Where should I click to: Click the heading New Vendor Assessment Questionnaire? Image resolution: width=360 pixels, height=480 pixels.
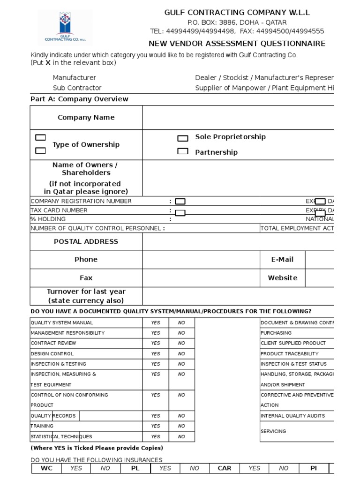(x=237, y=44)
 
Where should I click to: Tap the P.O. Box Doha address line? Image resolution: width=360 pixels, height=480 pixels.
(x=237, y=22)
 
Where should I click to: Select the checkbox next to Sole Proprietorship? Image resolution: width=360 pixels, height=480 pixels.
(x=182, y=138)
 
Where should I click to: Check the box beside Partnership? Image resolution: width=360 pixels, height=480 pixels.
(x=182, y=151)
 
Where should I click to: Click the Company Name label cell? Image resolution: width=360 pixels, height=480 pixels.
(x=86, y=118)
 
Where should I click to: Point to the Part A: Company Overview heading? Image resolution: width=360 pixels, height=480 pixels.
(x=79, y=99)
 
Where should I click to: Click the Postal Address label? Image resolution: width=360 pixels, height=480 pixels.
(x=86, y=242)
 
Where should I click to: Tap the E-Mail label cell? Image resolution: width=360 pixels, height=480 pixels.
(x=282, y=260)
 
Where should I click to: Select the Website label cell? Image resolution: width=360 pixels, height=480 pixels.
(x=282, y=278)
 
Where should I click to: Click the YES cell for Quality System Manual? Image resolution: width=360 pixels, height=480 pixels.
(x=156, y=323)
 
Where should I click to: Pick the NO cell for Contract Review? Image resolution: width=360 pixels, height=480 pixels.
(x=181, y=344)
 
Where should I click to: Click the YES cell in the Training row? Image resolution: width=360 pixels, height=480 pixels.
(x=156, y=426)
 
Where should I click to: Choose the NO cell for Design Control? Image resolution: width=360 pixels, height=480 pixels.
(x=181, y=354)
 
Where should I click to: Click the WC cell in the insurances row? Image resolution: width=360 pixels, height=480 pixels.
(x=47, y=468)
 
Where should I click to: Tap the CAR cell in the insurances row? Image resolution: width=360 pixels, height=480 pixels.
(x=225, y=468)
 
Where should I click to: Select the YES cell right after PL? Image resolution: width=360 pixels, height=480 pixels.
(x=165, y=468)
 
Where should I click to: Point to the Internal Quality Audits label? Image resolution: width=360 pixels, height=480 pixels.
(x=292, y=416)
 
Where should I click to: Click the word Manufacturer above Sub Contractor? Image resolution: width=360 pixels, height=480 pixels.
(x=74, y=78)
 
